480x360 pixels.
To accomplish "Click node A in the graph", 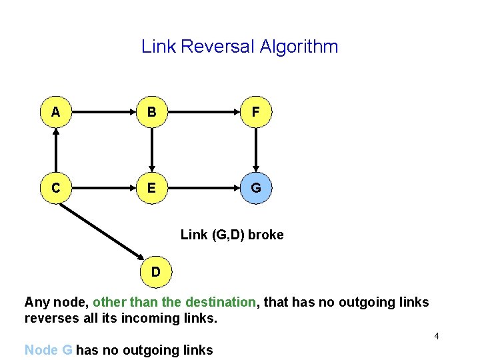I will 55,113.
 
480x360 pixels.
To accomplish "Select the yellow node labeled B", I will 152,113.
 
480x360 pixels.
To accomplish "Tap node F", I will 256,113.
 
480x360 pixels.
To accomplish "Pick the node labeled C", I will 55,189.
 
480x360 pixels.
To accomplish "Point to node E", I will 152,189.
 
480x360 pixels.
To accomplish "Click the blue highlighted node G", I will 256,189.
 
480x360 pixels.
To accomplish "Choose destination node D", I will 155,272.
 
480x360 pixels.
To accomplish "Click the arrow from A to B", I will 103,113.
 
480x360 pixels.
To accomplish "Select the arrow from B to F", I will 204,113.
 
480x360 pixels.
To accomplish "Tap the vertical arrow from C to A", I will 55,151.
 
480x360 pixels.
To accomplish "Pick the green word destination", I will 221,302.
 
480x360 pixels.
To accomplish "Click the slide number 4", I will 436,336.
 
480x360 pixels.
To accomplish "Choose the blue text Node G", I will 48,350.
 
